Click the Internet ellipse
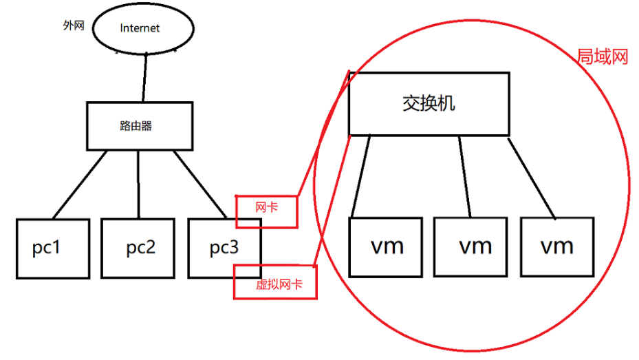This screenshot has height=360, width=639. [x=140, y=28]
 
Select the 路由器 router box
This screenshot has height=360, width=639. [x=138, y=126]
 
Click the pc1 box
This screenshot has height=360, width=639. [x=53, y=248]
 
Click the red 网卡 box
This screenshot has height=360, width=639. [x=267, y=211]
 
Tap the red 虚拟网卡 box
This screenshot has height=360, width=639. [x=275, y=283]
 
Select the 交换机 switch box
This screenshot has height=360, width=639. [x=429, y=103]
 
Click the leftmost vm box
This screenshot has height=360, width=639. [x=386, y=246]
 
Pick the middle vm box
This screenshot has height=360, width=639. [x=475, y=246]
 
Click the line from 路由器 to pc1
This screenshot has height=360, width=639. [x=79, y=184]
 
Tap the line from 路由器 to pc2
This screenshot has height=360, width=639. [x=139, y=184]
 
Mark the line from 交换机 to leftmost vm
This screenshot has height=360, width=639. [x=362, y=176]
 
